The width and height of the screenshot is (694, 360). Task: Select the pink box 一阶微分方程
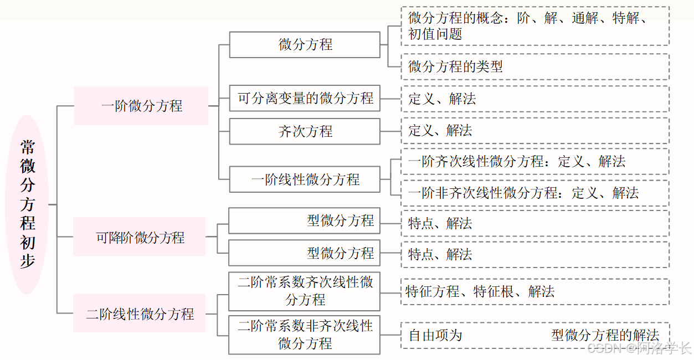141,106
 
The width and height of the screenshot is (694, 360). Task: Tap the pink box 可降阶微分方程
140,237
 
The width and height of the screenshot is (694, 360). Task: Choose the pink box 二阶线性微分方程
140,313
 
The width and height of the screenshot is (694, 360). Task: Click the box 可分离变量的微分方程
305,99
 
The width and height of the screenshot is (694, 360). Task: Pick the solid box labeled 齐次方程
305,131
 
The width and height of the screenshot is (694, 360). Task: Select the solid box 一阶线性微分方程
305,179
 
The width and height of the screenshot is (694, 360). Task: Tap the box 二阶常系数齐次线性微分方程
305,291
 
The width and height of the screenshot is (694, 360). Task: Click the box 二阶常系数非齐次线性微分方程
305,335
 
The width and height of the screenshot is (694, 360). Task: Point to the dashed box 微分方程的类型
534,67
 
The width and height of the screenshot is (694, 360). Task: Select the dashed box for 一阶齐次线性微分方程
534,162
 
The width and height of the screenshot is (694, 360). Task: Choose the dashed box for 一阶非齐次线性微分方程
534,193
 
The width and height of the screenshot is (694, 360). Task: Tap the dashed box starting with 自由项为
534,335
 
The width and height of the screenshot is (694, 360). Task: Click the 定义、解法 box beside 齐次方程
534,131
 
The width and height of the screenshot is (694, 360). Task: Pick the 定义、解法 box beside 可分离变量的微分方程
534,99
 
